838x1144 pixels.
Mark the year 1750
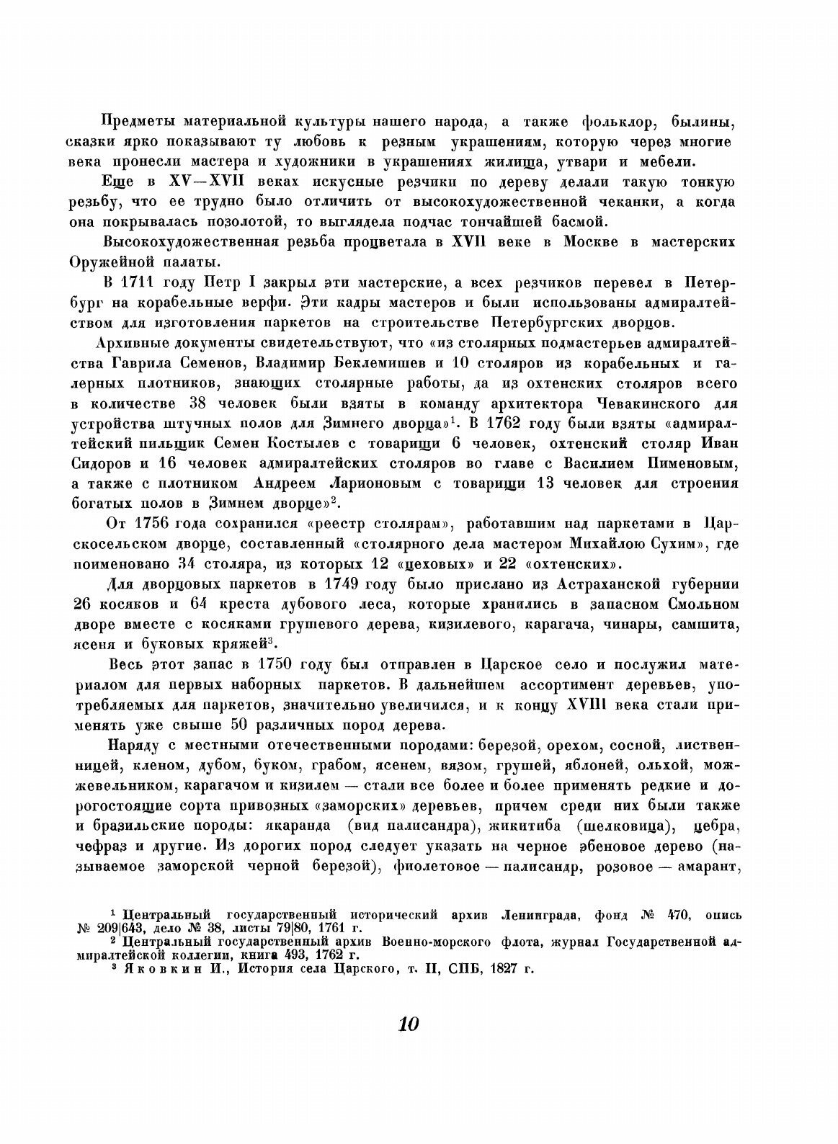click(273, 662)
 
